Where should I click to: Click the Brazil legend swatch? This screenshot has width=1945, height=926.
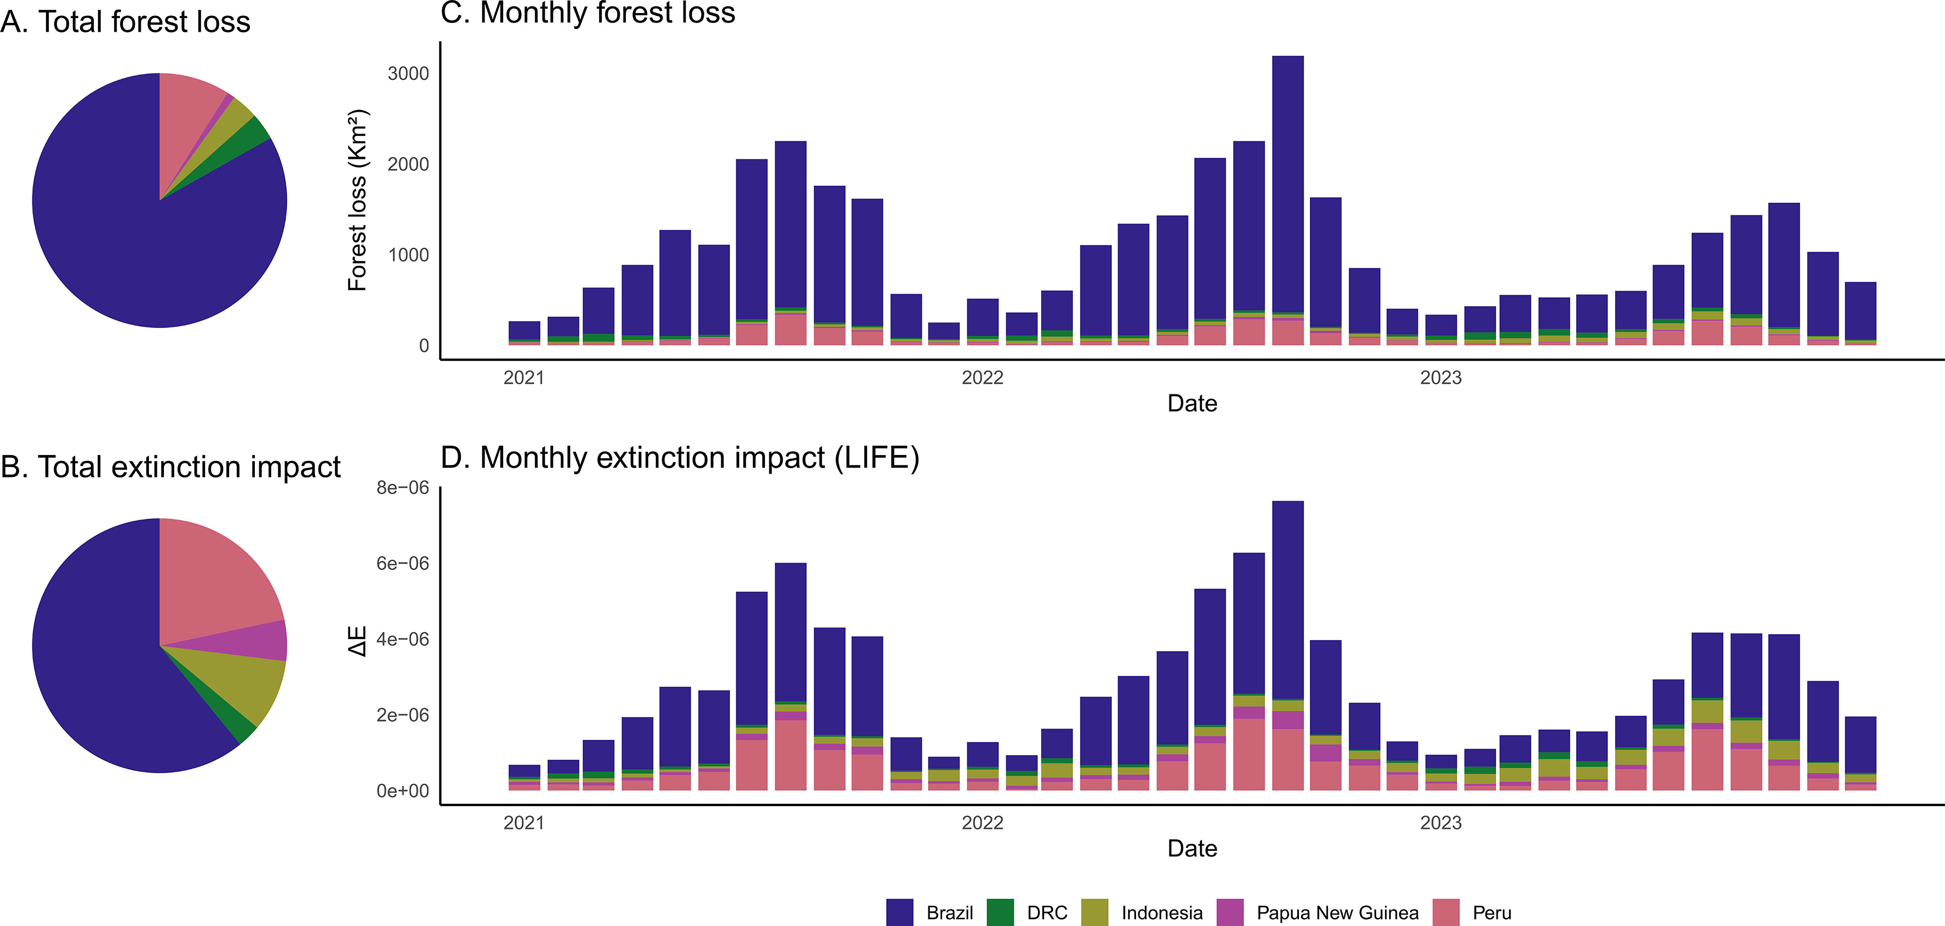[x=899, y=912]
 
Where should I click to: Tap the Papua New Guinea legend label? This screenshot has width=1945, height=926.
[x=1337, y=912]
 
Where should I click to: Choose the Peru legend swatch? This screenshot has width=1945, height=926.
[x=1446, y=912]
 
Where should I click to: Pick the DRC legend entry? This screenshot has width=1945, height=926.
[x=1047, y=912]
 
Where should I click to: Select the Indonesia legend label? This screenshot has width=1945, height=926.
[x=1161, y=912]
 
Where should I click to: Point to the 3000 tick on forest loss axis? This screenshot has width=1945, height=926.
[x=408, y=73]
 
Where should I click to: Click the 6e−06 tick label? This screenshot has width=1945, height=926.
[x=402, y=563]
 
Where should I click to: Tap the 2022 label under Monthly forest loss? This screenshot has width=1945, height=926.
[x=982, y=377]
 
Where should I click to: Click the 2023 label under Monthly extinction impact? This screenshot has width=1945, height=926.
[x=1440, y=823]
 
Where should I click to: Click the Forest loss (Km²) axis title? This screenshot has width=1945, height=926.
[x=357, y=200]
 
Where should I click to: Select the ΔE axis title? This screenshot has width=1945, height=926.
[x=357, y=641]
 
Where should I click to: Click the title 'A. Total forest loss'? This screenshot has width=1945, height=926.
[x=126, y=21]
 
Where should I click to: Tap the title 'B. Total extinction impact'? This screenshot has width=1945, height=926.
[x=170, y=467]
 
